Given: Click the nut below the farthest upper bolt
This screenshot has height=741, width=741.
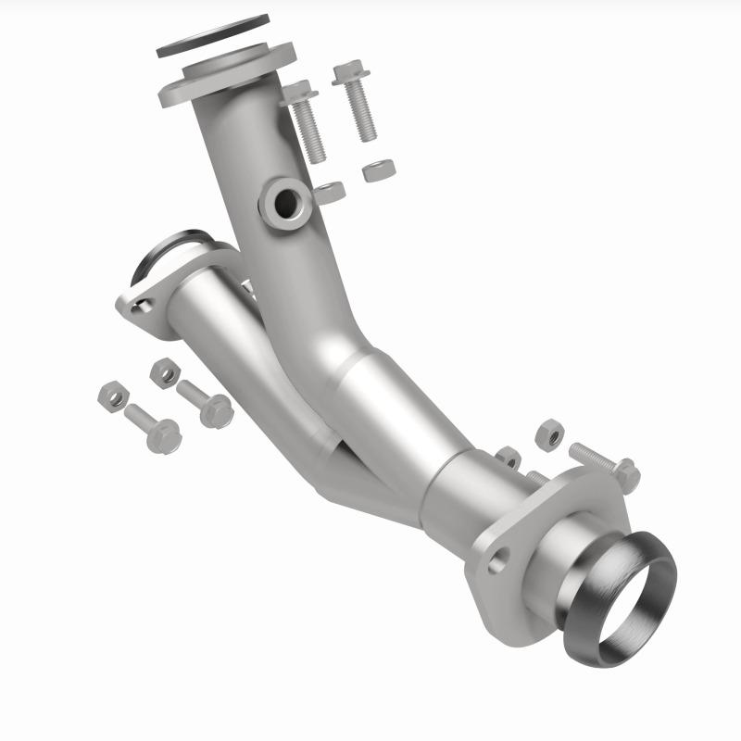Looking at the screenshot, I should (379, 170).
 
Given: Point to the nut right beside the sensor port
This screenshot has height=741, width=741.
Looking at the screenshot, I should (330, 193).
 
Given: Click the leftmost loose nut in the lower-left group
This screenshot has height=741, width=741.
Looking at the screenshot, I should (112, 396).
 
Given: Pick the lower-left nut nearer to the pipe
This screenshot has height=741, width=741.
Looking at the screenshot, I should (165, 372).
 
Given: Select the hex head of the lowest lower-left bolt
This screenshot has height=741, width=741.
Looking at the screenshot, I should (163, 435).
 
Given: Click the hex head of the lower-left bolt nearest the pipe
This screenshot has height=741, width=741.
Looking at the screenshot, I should (216, 409).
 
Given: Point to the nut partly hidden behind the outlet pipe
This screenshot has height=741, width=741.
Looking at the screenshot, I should (508, 456).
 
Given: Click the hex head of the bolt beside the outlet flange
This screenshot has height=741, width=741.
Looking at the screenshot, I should (626, 475).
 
